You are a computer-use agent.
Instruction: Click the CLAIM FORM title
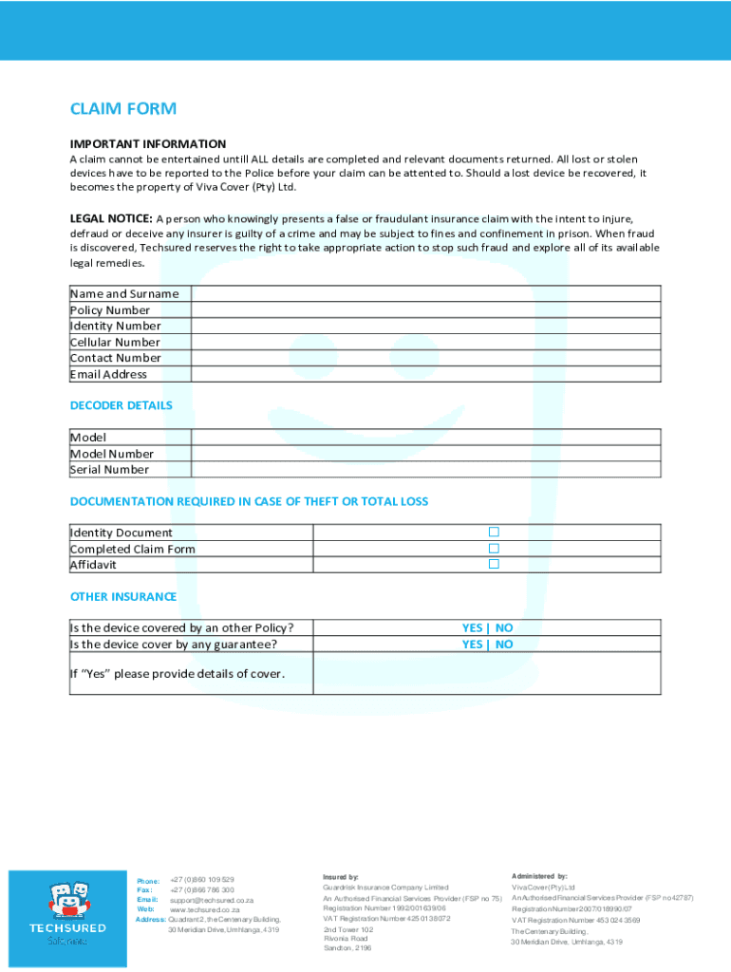coord(122,109)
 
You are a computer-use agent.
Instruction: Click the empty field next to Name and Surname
coord(425,293)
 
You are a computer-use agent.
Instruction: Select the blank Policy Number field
coord(425,309)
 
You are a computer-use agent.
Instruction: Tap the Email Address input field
coord(425,374)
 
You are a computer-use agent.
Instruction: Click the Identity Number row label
coord(115,326)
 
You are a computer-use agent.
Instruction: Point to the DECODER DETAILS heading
coord(121,405)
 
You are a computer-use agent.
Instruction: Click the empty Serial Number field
coord(425,469)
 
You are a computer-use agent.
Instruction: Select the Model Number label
coord(111,454)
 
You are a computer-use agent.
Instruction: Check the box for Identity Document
coord(494,532)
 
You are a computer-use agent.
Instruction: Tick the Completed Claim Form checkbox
coord(494,548)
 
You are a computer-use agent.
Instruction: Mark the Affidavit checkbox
coord(494,564)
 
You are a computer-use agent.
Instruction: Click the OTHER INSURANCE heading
coord(122,597)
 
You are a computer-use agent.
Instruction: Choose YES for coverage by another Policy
coord(472,627)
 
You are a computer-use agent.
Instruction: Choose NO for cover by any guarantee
coord(504,645)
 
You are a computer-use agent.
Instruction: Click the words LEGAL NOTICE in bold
coord(111,216)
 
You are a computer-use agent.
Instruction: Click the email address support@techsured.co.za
coord(212,900)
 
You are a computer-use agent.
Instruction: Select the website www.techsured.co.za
coord(204,909)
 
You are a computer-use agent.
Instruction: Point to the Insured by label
coord(341,877)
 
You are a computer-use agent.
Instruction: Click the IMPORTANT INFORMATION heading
coord(147,143)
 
